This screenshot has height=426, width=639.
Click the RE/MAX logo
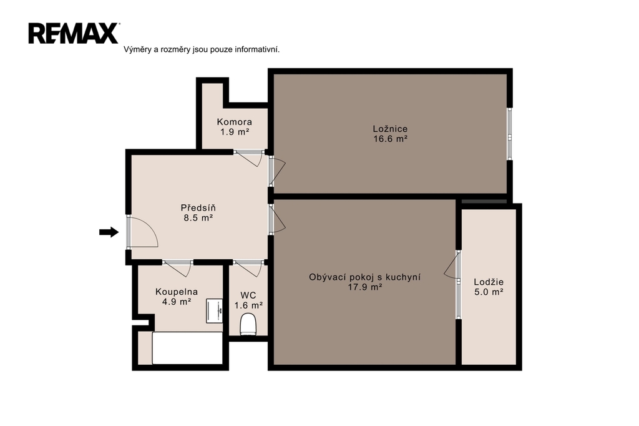[74, 34]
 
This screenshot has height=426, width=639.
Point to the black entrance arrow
[109, 232]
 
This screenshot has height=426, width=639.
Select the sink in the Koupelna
[215, 311]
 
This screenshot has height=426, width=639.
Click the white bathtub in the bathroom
[187, 348]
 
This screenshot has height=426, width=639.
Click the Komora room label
[235, 122]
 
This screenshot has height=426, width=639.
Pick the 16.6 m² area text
[391, 139]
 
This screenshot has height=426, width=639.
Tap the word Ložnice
[390, 129]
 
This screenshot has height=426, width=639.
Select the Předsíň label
[198, 207]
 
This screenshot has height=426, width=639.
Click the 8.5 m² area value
[198, 218]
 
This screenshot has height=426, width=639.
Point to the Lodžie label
[489, 282]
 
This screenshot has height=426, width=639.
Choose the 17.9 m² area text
[364, 287]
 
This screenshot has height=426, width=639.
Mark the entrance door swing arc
[154, 229]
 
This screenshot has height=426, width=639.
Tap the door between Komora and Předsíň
[248, 159]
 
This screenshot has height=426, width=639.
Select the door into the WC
[248, 268]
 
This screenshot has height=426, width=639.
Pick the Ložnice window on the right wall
[509, 134]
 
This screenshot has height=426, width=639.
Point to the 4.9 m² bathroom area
[177, 302]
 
